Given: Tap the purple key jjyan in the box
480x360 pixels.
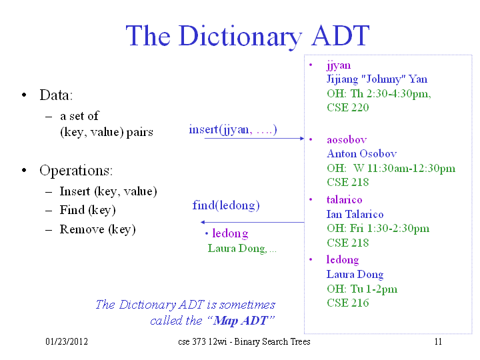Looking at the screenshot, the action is [x=339, y=66].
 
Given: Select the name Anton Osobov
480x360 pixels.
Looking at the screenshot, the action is [x=361, y=153].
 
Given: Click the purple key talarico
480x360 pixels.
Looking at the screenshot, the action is [x=345, y=199].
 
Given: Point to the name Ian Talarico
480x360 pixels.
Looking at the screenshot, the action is [x=355, y=214].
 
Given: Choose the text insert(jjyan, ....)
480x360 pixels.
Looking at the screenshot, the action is [x=233, y=129].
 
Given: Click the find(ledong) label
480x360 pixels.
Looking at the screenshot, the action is [x=226, y=205].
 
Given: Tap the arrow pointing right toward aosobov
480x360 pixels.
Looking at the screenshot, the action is [x=255, y=139].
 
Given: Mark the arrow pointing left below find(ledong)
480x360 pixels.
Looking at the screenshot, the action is [x=252, y=222].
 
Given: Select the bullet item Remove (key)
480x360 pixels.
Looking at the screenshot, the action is [x=97, y=229].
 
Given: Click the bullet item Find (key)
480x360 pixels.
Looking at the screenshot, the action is [x=87, y=210].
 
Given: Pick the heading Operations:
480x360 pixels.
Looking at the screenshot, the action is [x=76, y=170].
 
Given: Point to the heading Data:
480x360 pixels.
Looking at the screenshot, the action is [x=56, y=95].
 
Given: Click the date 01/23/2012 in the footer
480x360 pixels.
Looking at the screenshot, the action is [x=67, y=341].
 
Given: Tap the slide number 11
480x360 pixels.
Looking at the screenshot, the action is [x=438, y=341].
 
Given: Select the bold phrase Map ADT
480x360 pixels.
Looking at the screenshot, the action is [x=241, y=320].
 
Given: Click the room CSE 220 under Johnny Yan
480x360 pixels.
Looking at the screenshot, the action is [x=348, y=107].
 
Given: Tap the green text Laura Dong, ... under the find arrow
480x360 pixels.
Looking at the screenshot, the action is [x=242, y=248].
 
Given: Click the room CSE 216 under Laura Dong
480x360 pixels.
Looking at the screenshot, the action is [x=348, y=303].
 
